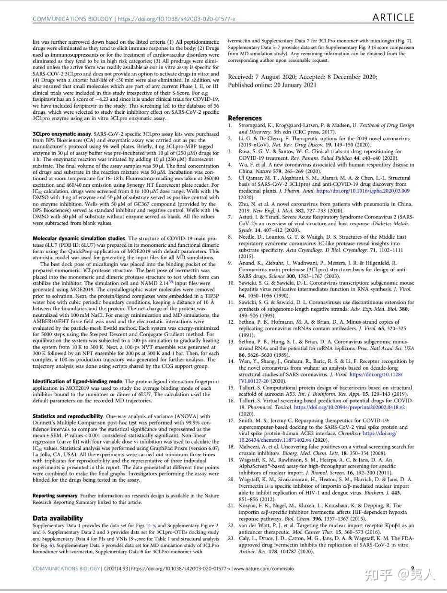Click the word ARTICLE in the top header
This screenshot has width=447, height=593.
(x=393, y=18)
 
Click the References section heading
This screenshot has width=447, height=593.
(x=245, y=118)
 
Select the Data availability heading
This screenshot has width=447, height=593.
(x=58, y=519)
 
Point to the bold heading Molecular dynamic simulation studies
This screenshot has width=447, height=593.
(x=79, y=239)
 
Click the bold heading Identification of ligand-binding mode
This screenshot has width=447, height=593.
(x=77, y=381)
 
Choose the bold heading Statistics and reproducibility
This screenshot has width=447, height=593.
(x=68, y=416)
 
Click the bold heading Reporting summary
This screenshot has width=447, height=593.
(x=55, y=496)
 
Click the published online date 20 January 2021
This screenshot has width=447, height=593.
(x=293, y=85)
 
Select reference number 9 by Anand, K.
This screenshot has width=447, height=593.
(x=230, y=263)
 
